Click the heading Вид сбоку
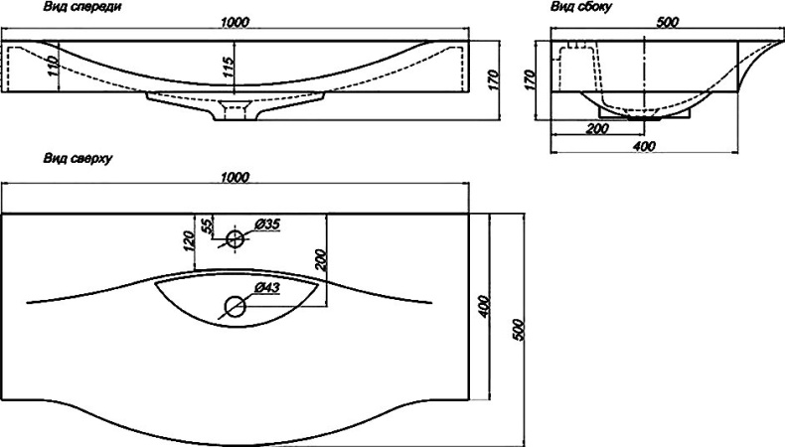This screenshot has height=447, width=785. tap(580, 8)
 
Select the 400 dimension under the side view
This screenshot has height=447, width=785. tap(643, 148)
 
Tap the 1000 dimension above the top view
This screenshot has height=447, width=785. tap(235, 178)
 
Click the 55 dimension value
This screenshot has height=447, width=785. tap(208, 225)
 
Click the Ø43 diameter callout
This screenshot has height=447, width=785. tap(266, 288)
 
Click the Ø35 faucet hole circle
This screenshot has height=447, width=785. tap(235, 238)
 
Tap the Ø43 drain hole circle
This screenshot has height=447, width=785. tap(235, 306)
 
